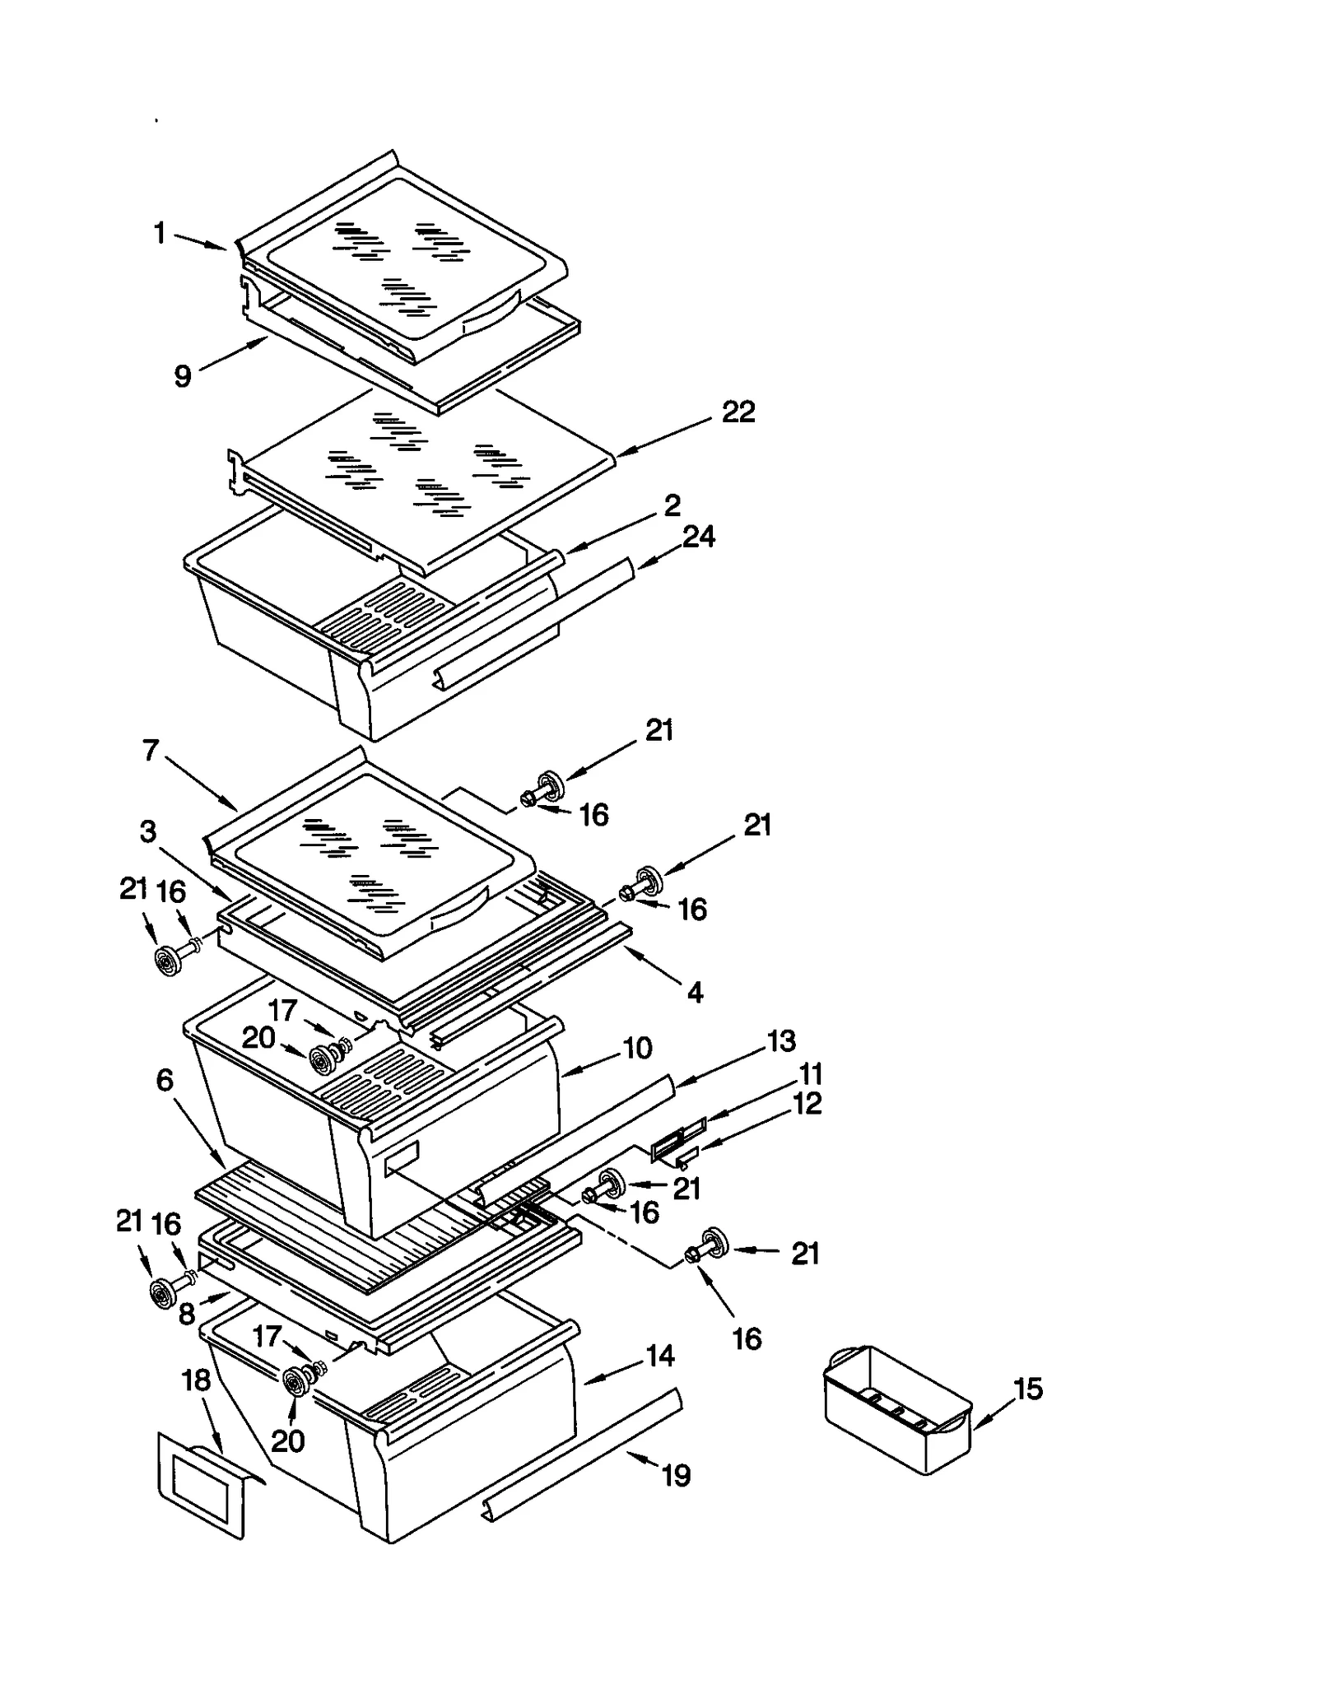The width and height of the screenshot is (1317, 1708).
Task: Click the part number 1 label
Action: click(x=161, y=234)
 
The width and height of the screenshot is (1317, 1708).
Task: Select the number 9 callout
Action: click(x=183, y=376)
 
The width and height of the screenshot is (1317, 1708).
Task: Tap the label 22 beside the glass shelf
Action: click(x=738, y=412)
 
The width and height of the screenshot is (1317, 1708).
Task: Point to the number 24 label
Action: click(x=698, y=537)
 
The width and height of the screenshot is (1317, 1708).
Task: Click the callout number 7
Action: click(x=151, y=750)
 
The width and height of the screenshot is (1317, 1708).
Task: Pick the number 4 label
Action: click(x=695, y=993)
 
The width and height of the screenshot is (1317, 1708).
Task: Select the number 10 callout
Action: click(x=637, y=1048)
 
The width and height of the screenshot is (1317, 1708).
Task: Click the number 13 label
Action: click(x=781, y=1040)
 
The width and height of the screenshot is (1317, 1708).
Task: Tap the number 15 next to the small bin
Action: click(x=1027, y=1389)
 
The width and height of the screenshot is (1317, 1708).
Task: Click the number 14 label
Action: click(x=660, y=1355)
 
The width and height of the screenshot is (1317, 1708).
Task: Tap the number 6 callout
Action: click(x=165, y=1081)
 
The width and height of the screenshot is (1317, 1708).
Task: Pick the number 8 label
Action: click(x=187, y=1315)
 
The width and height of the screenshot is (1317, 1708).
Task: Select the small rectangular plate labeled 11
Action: click(x=678, y=1139)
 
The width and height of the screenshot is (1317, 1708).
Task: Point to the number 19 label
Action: click(x=676, y=1476)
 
